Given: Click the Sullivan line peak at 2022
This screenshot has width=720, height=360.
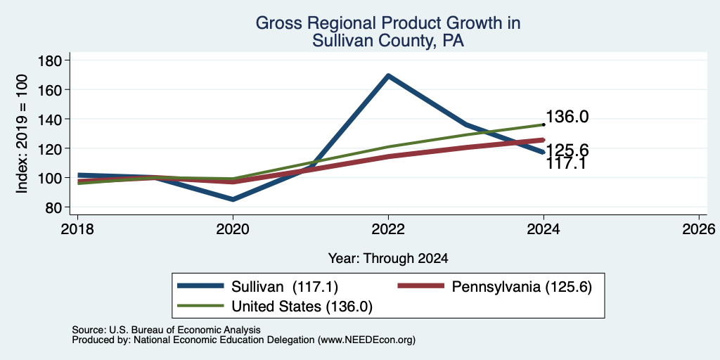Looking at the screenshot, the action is (388, 76).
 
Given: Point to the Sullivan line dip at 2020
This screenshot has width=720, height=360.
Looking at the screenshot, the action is (233, 199).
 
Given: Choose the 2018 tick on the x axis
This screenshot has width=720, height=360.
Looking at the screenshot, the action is (77, 229).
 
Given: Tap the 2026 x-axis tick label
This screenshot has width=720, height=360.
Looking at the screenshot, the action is (699, 229).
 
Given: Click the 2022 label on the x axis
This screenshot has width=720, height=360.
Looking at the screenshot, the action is (388, 229).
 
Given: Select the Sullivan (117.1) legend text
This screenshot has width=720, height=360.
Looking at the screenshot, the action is (285, 287).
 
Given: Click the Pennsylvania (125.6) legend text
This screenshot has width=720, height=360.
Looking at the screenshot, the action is (522, 287).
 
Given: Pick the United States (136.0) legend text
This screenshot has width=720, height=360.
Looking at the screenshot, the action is (302, 307).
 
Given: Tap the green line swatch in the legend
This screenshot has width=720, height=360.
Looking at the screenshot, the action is (200, 305).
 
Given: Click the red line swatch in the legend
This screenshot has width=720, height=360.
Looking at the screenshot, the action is (421, 286).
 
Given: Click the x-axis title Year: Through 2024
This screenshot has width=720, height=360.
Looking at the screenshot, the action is (388, 259).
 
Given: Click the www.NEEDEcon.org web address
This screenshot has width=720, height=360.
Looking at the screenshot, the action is (366, 340).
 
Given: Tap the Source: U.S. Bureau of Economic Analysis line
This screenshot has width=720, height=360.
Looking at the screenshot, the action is (166, 330).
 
